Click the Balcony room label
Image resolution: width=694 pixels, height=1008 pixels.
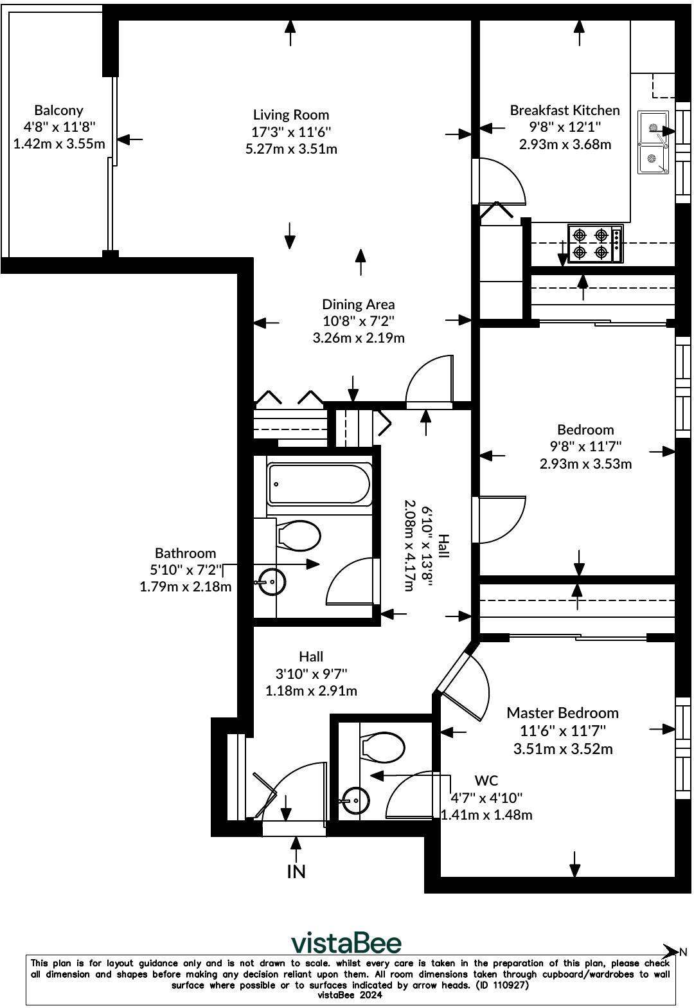(x=58, y=111)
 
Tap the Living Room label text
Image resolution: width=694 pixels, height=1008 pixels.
(x=290, y=115)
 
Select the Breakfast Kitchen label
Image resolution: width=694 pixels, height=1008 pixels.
(x=564, y=111)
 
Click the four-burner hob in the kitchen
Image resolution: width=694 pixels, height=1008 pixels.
(x=594, y=243)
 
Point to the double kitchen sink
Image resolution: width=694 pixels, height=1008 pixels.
(x=653, y=142)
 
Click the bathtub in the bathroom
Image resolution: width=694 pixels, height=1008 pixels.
(x=319, y=484)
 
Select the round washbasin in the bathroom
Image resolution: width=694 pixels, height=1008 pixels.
(x=272, y=582)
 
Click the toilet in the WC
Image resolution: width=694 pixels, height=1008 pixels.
(x=383, y=748)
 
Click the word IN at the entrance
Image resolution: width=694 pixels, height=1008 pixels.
(x=296, y=872)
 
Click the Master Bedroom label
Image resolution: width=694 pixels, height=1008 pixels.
(x=562, y=713)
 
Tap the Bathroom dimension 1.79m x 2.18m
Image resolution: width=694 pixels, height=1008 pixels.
(x=185, y=586)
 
